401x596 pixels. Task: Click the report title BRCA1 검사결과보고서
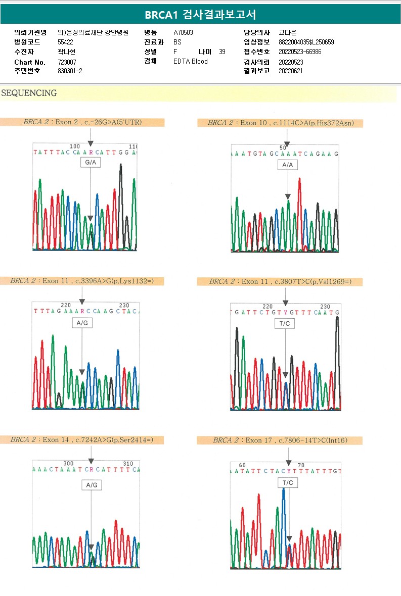(x=200, y=14)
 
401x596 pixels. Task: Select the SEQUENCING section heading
(x=29, y=93)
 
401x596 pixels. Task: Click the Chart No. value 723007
(x=67, y=62)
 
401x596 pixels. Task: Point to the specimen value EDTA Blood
(x=191, y=62)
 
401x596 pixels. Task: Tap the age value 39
(x=222, y=52)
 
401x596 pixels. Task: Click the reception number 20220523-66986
(x=300, y=52)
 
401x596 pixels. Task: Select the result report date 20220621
(x=291, y=71)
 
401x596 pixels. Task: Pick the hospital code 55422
(x=66, y=42)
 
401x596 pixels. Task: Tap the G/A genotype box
(x=91, y=163)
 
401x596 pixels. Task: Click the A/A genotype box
(x=288, y=165)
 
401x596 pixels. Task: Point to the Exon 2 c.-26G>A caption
(x=82, y=122)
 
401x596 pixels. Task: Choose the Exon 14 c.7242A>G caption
(x=82, y=440)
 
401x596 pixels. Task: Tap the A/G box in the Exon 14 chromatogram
(x=92, y=485)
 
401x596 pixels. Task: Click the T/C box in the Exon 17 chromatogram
(x=288, y=483)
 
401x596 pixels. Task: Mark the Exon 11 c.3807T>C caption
(x=280, y=282)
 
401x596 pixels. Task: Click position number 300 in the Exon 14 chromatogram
(x=69, y=463)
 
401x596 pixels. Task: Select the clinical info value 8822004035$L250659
(x=306, y=42)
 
